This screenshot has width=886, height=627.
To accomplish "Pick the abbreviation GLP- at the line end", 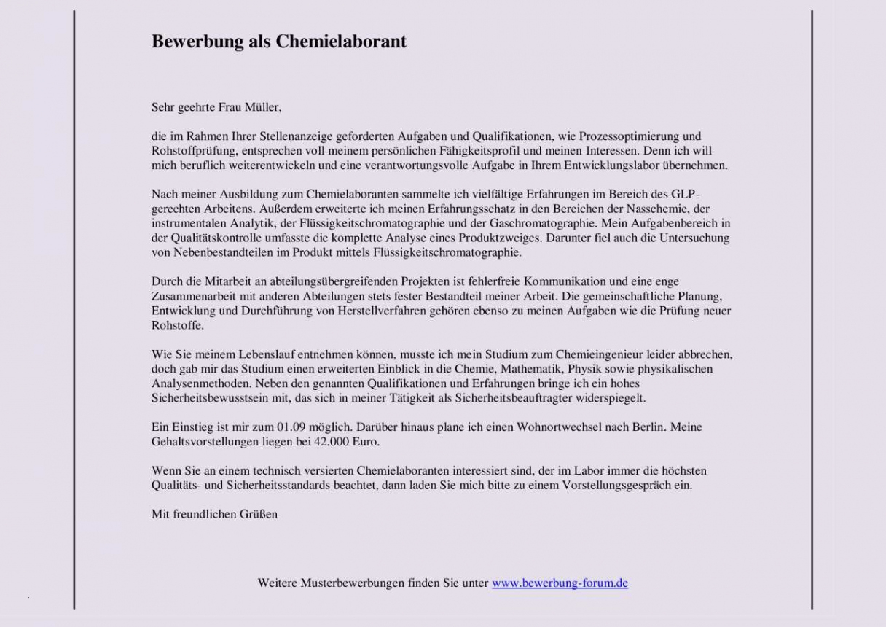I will tap(687, 194).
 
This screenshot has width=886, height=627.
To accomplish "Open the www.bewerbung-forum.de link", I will tap(560, 583).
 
